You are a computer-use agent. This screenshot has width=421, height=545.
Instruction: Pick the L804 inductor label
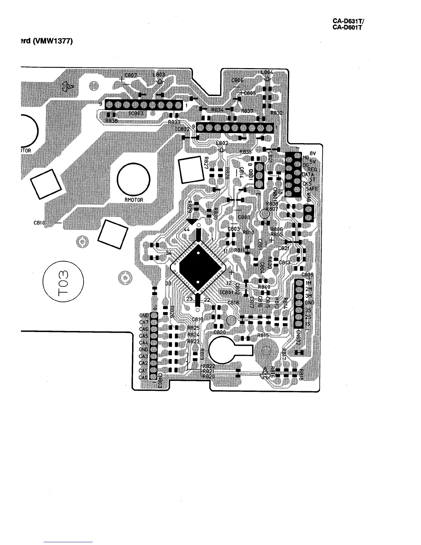(267, 72)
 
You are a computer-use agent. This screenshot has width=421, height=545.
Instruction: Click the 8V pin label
(313, 154)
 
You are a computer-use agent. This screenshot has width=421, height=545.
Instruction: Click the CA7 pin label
(143, 322)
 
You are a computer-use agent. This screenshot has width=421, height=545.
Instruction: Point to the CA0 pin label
(143, 377)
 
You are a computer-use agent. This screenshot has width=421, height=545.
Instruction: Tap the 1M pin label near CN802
(308, 283)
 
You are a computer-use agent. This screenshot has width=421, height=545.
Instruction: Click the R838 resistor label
(111, 121)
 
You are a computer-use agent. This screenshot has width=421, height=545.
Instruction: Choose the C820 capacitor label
(219, 332)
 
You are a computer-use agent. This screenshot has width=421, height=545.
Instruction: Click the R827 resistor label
(206, 162)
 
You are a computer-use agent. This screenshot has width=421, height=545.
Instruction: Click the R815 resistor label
(263, 335)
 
